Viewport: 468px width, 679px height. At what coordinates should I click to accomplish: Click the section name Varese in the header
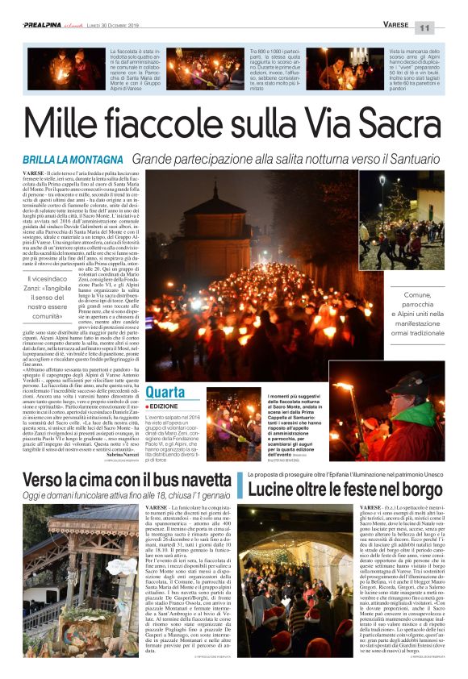click(x=398, y=26)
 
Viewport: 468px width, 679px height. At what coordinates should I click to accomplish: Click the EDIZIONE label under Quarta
click(x=165, y=429)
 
